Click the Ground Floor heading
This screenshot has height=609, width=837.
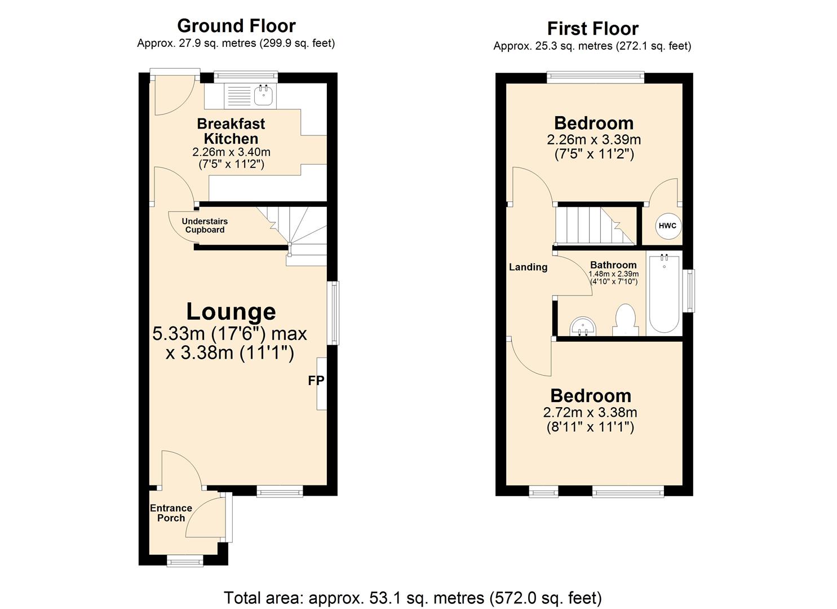pyautogui.click(x=236, y=26)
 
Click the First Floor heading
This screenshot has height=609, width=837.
pyautogui.click(x=592, y=29)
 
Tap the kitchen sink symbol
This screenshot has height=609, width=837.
pyautogui.click(x=263, y=95)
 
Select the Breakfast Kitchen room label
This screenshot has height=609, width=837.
pyautogui.click(x=231, y=131)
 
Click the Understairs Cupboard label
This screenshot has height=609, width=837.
pyautogui.click(x=205, y=226)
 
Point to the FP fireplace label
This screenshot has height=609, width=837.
pyautogui.click(x=316, y=381)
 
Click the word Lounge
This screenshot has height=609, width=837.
pyautogui.click(x=231, y=312)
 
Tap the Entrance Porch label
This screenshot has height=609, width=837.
pyautogui.click(x=171, y=513)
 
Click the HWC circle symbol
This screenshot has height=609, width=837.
pyautogui.click(x=667, y=226)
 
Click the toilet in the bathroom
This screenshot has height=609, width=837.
pyautogui.click(x=625, y=320)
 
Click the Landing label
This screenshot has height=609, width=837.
pyautogui.click(x=528, y=267)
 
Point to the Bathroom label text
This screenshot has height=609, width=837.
pyautogui.click(x=613, y=265)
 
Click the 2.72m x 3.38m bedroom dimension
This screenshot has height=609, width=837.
pyautogui.click(x=590, y=413)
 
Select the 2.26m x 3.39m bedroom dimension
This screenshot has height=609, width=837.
pyautogui.click(x=594, y=139)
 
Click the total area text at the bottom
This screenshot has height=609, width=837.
pyautogui.click(x=413, y=598)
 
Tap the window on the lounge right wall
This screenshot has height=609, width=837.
pyautogui.click(x=335, y=312)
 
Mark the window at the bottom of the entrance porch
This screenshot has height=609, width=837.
pyautogui.click(x=185, y=560)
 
